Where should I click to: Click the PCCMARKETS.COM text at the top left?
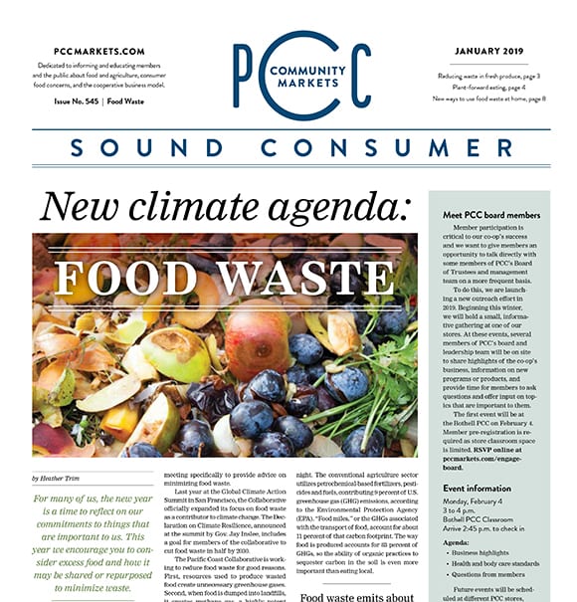[x=99, y=51]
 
